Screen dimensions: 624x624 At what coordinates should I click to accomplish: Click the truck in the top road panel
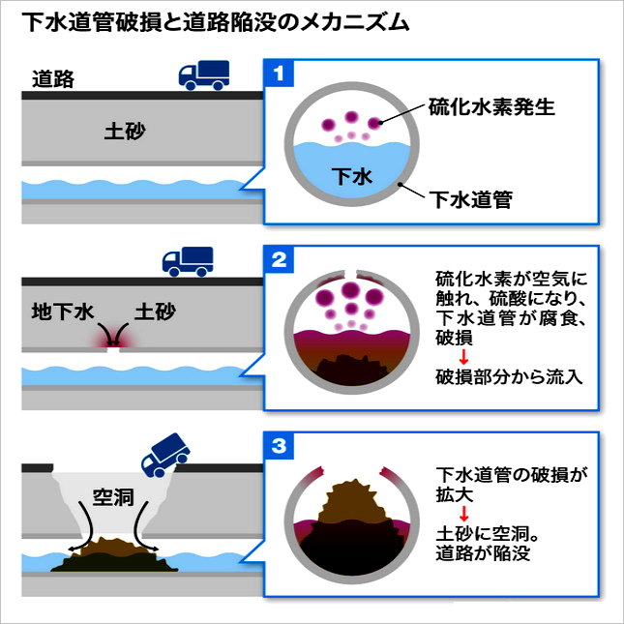click(x=203, y=75)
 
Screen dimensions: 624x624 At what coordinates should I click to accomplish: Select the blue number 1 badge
click(x=279, y=74)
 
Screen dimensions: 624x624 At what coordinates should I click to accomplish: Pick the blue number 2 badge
click(x=279, y=259)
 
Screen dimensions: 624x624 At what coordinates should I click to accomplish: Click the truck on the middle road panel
click(x=188, y=260)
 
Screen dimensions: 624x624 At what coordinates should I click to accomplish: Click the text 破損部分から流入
click(x=509, y=376)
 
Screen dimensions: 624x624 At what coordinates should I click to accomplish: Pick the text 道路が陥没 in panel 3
click(x=484, y=554)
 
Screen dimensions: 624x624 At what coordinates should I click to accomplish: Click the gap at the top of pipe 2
click(x=353, y=272)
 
